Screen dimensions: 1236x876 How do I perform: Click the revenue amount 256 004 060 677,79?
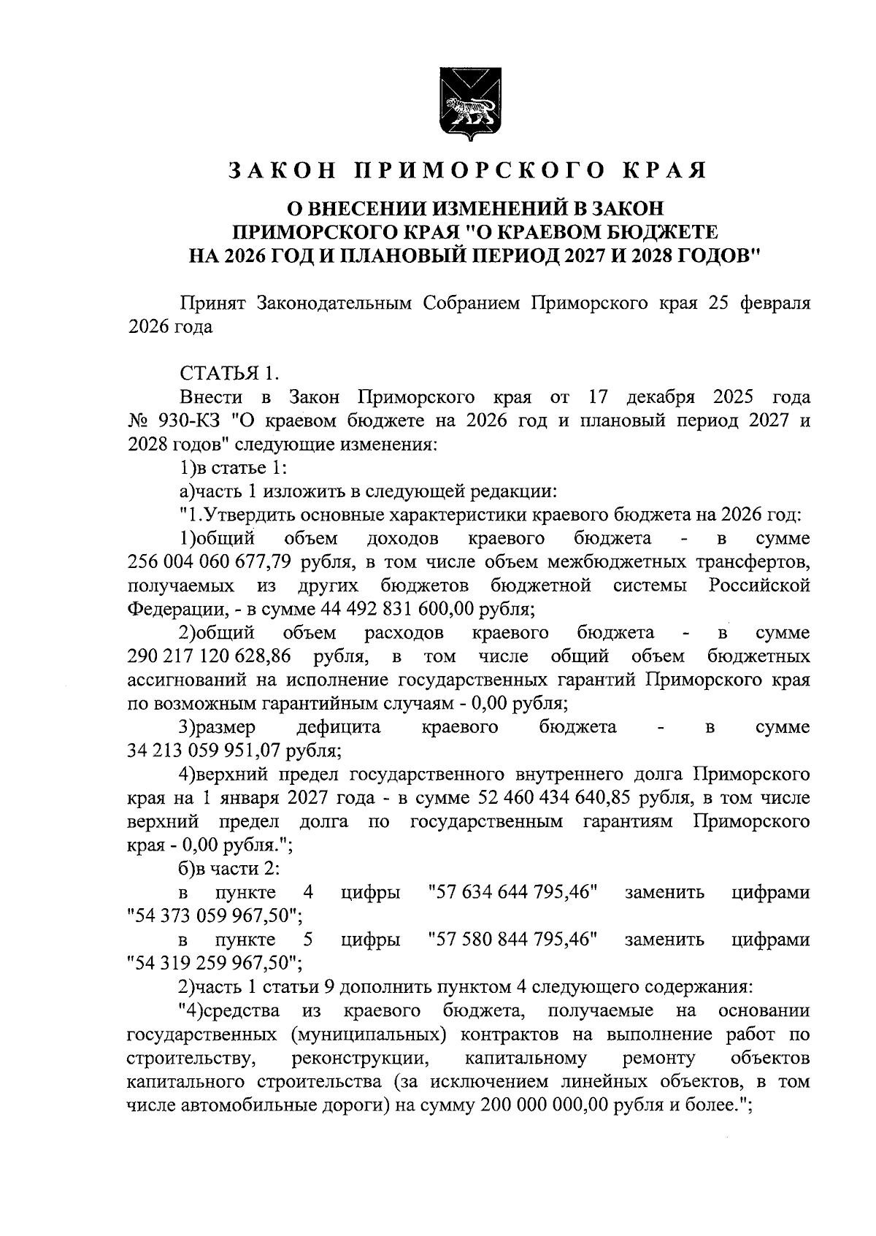click(x=206, y=562)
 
